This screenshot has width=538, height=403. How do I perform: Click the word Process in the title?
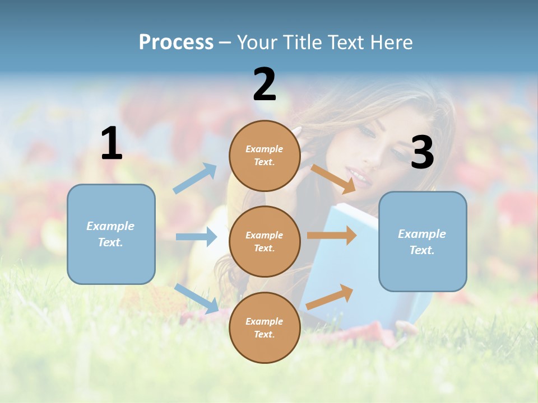pyautogui.click(x=176, y=42)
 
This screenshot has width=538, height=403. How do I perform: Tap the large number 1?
pyautogui.click(x=111, y=144)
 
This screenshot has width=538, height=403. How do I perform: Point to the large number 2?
pyautogui.click(x=265, y=85)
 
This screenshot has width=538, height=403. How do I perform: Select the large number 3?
pyautogui.click(x=422, y=152)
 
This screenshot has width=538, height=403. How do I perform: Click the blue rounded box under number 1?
pyautogui.click(x=111, y=234)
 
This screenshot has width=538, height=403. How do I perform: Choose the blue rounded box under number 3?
pyautogui.click(x=423, y=242)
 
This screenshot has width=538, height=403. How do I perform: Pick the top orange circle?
pyautogui.click(x=265, y=156)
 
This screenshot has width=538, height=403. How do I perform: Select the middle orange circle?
pyautogui.click(x=265, y=241)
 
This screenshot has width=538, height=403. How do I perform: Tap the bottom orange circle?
pyautogui.click(x=265, y=327)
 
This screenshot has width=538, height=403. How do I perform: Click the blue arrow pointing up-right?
pyautogui.click(x=195, y=179)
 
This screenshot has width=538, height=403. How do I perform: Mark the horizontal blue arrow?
pyautogui.click(x=196, y=237)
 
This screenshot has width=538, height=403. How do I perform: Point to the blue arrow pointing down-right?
pyautogui.click(x=197, y=298)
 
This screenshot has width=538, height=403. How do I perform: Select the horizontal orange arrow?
pyautogui.click(x=331, y=236)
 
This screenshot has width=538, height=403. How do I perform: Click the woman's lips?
pyautogui.click(x=359, y=179)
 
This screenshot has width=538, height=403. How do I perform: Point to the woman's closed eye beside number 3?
pyautogui.click(x=367, y=133)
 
